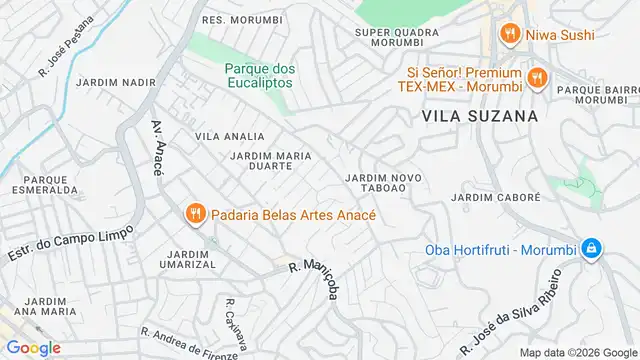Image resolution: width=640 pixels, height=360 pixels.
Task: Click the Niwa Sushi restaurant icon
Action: [509, 35]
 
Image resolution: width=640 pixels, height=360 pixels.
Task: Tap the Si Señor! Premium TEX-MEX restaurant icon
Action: [537, 76]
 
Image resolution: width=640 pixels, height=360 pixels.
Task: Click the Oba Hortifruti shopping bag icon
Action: [591, 248]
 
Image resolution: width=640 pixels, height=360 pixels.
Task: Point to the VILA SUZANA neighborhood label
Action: [480, 116]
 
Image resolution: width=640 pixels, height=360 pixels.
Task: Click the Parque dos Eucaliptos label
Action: [259, 75]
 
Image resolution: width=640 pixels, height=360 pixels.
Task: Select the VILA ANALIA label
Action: [230, 136]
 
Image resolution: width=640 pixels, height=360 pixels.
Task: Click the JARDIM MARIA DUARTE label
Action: [262, 161]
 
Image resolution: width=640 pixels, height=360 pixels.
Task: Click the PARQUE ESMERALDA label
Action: [43, 186]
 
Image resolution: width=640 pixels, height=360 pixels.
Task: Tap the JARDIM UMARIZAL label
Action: [187, 259]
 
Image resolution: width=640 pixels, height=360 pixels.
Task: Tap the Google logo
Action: [32, 347]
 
